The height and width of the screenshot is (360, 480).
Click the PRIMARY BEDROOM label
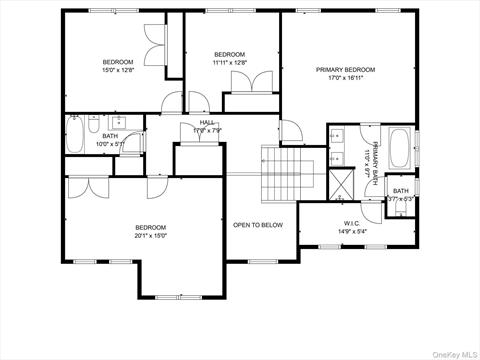tap(346, 70)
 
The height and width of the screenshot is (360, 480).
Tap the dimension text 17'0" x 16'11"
tap(346, 78)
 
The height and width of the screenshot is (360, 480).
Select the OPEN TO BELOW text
tap(258, 225)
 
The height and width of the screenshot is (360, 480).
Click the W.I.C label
tap(352, 223)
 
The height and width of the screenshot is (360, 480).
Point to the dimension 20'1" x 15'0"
tap(150, 236)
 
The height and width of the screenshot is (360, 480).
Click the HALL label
tap(207, 122)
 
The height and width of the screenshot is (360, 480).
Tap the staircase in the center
tap(282, 173)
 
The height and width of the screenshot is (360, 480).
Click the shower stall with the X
tap(341, 182)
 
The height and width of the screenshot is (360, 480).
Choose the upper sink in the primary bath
tap(337, 139)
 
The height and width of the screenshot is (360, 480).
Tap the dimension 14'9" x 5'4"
tap(352, 231)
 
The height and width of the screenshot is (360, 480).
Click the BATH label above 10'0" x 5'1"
tap(110, 135)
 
